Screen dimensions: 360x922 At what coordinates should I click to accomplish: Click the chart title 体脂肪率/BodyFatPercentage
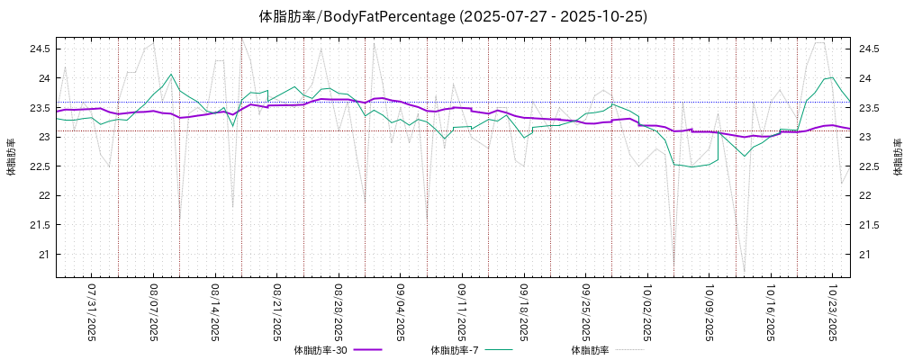pyautogui.click(x=453, y=16)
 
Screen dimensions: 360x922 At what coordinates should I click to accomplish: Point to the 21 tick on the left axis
pyautogui.click(x=42, y=255)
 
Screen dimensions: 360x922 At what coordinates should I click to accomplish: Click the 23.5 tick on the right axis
pyautogui.click(x=870, y=108)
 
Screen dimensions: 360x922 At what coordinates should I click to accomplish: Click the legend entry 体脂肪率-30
pyautogui.click(x=321, y=350)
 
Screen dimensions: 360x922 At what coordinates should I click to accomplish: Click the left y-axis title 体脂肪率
pyautogui.click(x=12, y=157)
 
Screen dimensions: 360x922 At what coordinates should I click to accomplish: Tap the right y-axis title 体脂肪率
pyautogui.click(x=898, y=157)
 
